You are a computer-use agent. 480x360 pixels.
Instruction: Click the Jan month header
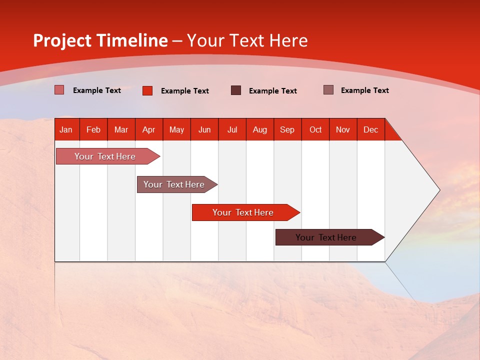(66, 129)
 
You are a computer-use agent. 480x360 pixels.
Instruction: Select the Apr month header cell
(149, 129)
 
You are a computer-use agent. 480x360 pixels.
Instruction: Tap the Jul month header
(232, 129)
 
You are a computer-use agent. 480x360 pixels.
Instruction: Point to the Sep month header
(287, 129)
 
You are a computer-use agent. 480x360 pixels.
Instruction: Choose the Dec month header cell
(370, 129)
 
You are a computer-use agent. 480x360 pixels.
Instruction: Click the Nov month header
(343, 129)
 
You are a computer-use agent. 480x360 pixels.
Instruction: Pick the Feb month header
(93, 129)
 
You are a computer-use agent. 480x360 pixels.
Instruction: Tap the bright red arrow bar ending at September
(243, 212)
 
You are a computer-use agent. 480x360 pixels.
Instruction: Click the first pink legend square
(59, 90)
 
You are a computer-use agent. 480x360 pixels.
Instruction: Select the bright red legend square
(147, 90)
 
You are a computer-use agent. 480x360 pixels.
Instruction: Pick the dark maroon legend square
(235, 90)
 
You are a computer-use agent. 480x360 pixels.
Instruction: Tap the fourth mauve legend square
(328, 90)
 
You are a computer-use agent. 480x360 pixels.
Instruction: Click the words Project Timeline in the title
(100, 40)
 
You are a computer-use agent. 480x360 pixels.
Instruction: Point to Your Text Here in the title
(247, 40)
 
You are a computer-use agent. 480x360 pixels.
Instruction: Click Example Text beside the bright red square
(184, 91)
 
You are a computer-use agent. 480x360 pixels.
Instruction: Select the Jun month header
(204, 129)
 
